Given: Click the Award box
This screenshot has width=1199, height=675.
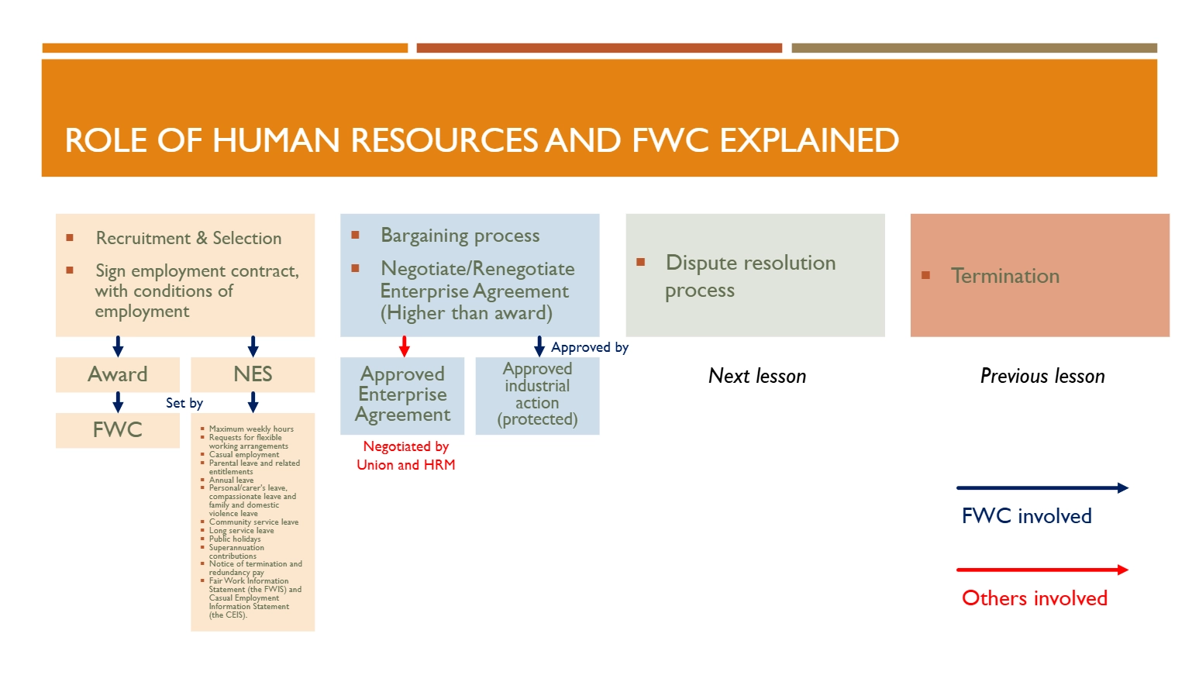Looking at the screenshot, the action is click(x=118, y=374).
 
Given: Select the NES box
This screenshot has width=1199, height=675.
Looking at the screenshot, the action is click(x=253, y=374).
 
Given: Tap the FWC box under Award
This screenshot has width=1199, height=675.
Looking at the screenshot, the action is click(x=118, y=430).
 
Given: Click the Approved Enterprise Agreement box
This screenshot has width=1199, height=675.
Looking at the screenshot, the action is click(x=402, y=395).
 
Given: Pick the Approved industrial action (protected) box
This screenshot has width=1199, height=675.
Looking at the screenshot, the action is click(x=537, y=395).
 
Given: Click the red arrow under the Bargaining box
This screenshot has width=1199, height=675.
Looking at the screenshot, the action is click(x=405, y=346).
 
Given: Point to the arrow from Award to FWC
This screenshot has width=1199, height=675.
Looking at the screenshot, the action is click(x=119, y=402).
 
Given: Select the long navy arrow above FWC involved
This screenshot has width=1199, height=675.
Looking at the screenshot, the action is click(x=1042, y=487).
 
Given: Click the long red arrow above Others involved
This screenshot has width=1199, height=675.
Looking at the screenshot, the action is click(x=1042, y=570).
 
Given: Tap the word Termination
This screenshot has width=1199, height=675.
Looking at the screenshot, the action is click(x=1005, y=276).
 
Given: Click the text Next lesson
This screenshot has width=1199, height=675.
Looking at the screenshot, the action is click(x=757, y=376).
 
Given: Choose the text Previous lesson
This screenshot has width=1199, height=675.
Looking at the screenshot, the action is click(x=1042, y=376).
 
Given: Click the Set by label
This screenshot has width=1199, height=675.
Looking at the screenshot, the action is click(x=184, y=403).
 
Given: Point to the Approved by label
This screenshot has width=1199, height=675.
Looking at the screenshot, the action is click(x=590, y=347).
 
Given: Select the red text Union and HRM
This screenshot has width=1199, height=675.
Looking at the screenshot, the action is click(x=405, y=465).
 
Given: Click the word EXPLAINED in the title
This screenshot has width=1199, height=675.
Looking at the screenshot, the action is click(x=809, y=140).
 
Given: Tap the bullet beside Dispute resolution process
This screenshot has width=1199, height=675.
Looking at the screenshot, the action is click(x=640, y=262).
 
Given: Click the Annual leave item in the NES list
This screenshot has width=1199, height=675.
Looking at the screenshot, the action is click(x=231, y=480).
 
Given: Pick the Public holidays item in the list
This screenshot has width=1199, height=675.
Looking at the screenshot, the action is click(x=234, y=539).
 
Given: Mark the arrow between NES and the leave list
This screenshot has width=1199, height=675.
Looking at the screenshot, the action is click(x=253, y=402).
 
